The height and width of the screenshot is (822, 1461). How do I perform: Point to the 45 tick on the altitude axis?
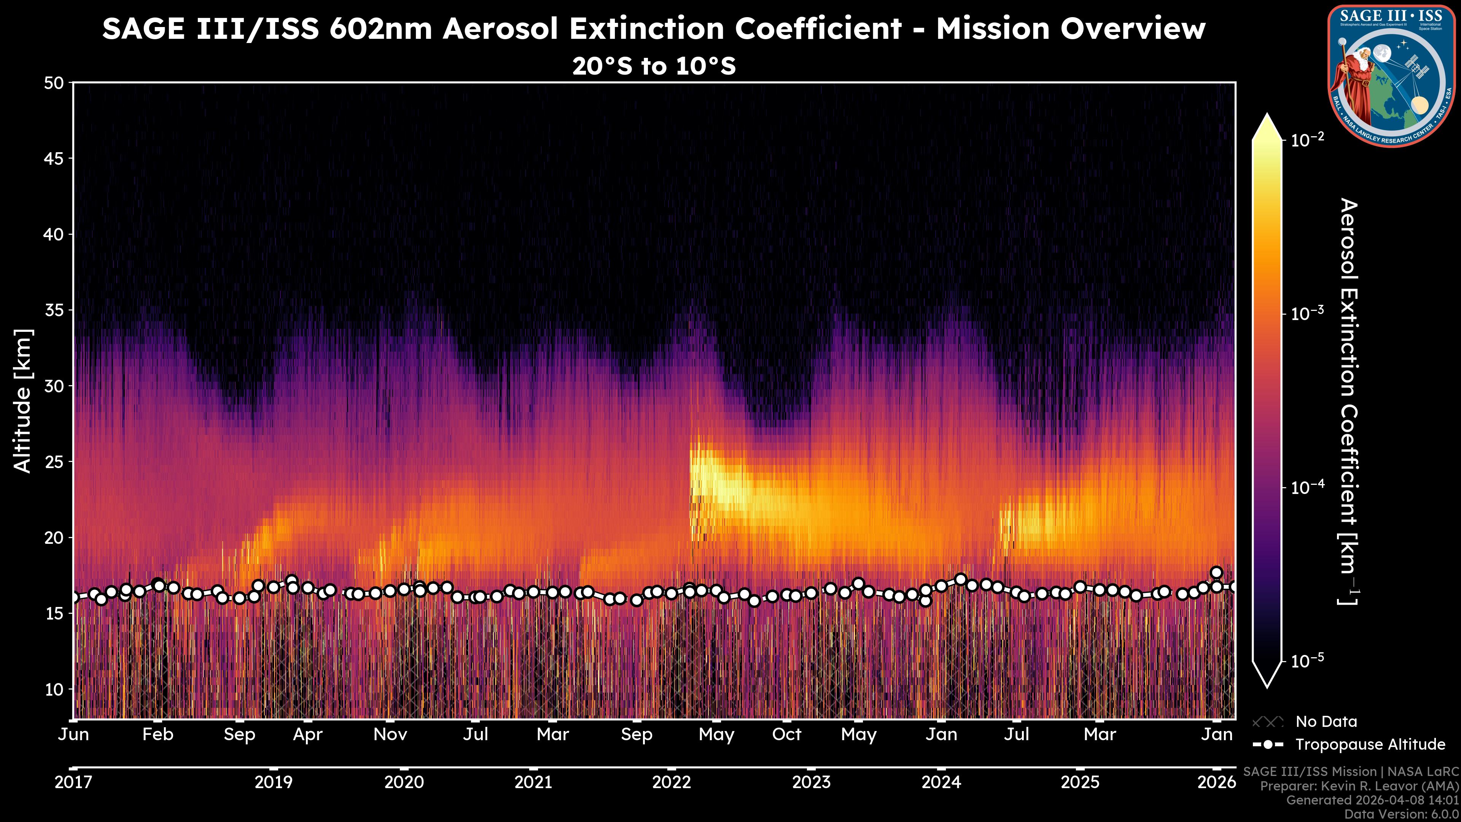[x=54, y=159]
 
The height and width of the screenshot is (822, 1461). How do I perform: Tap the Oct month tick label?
[x=787, y=734]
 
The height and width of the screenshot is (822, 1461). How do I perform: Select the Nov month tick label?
[x=390, y=734]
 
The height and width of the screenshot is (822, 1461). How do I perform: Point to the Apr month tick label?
[x=307, y=734]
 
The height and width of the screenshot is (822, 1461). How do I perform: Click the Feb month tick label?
[x=158, y=734]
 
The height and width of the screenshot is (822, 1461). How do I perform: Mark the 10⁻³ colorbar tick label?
[x=1307, y=313]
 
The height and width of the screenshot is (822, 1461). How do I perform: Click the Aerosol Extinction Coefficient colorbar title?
[x=1348, y=401]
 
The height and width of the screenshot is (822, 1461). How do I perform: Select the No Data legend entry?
[x=1326, y=722]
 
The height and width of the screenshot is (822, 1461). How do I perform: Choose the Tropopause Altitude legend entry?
[x=1370, y=744]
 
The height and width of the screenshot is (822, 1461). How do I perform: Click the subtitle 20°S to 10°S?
[x=654, y=66]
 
